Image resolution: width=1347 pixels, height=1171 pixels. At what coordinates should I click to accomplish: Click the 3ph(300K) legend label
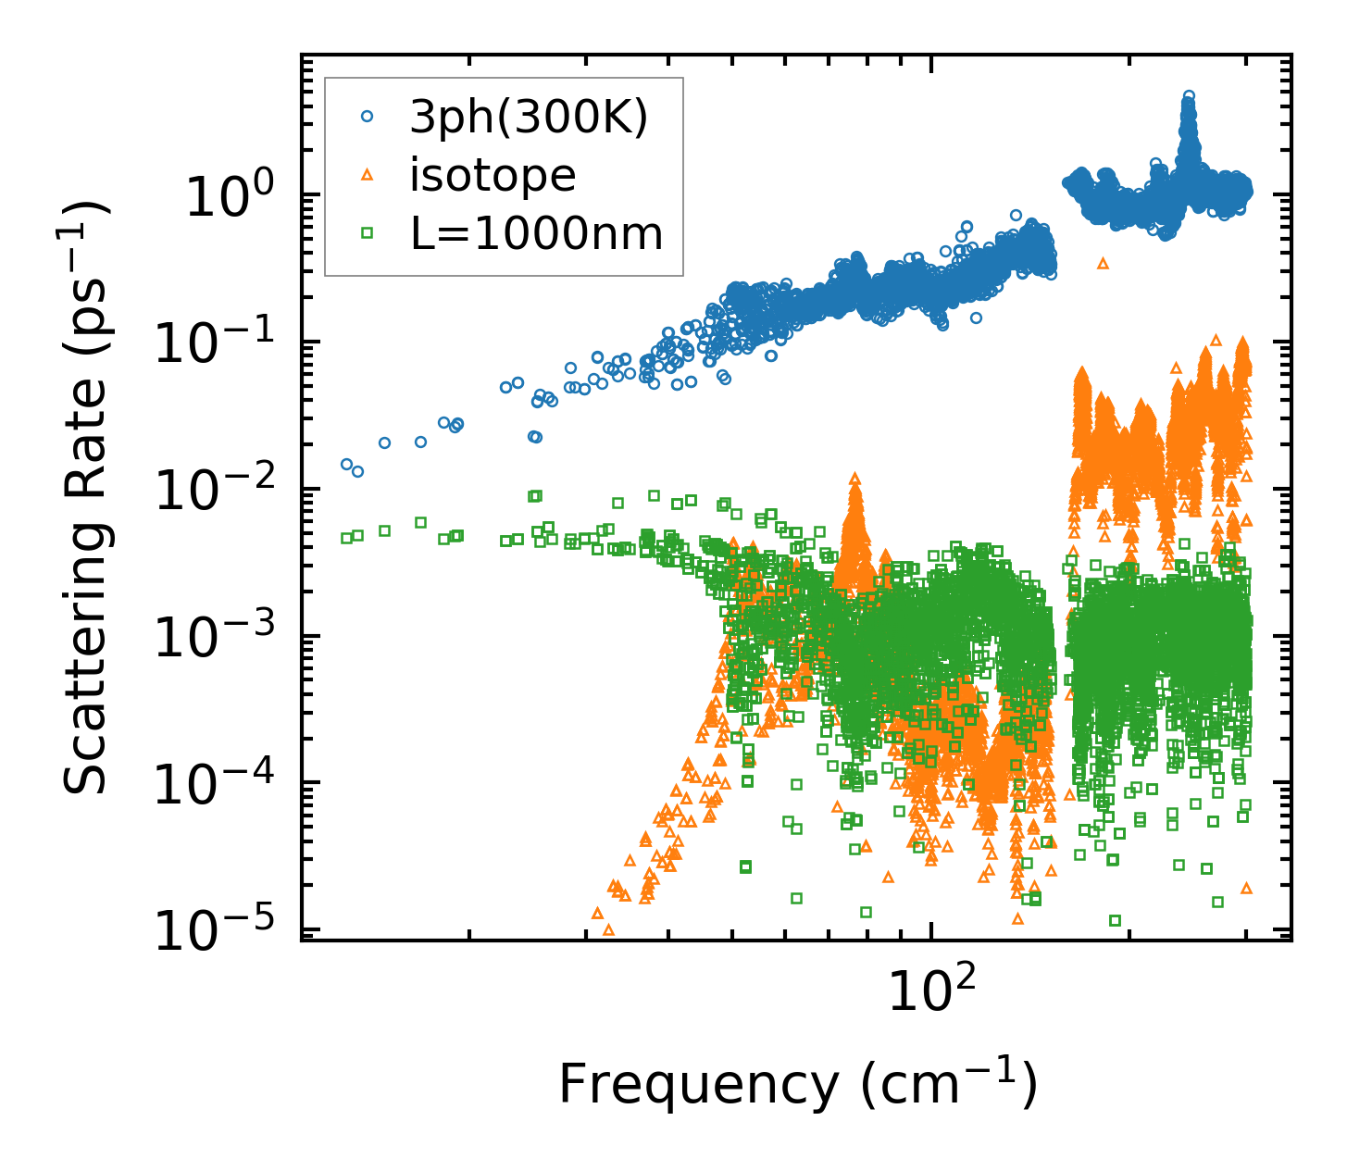pyautogui.click(x=529, y=118)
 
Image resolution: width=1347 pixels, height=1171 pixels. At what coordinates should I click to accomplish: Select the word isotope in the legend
pyautogui.click(x=493, y=176)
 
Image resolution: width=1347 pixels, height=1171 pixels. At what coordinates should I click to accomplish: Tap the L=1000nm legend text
pyautogui.click(x=537, y=234)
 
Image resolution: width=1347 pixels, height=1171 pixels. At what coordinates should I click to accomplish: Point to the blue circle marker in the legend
pyautogui.click(x=368, y=117)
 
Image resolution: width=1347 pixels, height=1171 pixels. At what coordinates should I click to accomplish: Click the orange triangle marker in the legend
pyautogui.click(x=368, y=175)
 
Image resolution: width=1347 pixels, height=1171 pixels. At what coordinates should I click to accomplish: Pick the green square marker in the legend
pyautogui.click(x=368, y=233)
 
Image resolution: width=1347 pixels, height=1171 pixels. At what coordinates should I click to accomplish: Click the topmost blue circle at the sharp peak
pyautogui.click(x=1190, y=95)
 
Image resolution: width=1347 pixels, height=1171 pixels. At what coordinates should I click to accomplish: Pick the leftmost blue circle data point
pyautogui.click(x=346, y=464)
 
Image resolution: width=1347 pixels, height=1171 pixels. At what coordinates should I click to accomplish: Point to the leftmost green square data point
pyautogui.click(x=346, y=538)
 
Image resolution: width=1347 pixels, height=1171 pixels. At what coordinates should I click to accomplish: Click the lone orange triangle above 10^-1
pyautogui.click(x=1103, y=264)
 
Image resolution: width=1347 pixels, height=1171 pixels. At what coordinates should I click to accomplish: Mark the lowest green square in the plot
pyautogui.click(x=1115, y=920)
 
